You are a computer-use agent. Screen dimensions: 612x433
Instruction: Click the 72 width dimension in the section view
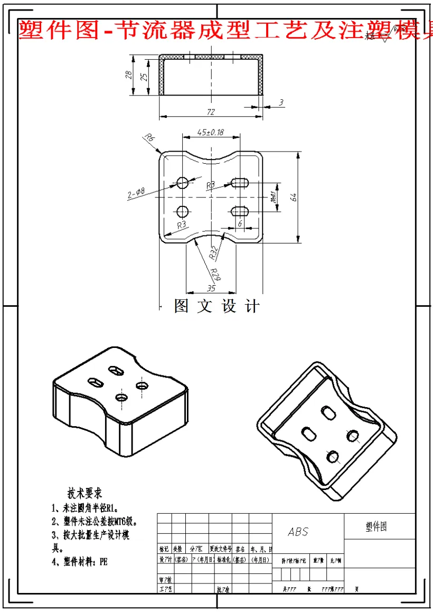point(211,112)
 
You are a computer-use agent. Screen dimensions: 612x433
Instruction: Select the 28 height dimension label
point(128,74)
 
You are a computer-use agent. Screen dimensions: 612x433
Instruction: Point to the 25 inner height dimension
point(143,77)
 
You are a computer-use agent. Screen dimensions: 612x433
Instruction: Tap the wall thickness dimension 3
point(281,102)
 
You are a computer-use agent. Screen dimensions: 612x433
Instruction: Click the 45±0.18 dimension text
point(210,131)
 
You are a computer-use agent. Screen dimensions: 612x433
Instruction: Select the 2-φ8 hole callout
point(136,194)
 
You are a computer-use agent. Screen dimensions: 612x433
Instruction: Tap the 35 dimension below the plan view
point(211,288)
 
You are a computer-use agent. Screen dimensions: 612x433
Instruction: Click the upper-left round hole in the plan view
point(183,183)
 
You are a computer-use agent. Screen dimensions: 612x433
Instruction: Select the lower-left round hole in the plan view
point(183,212)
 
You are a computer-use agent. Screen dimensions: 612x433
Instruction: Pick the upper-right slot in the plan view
point(240,182)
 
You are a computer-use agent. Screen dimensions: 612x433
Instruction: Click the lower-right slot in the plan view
point(240,211)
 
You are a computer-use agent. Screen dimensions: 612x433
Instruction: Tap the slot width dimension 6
point(240,224)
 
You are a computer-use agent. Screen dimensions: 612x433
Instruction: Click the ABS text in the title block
point(298,532)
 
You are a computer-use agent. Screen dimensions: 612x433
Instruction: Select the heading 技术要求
point(84,493)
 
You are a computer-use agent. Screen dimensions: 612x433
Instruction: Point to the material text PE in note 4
point(103,562)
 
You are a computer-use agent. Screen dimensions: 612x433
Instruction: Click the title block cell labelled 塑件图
point(376,526)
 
